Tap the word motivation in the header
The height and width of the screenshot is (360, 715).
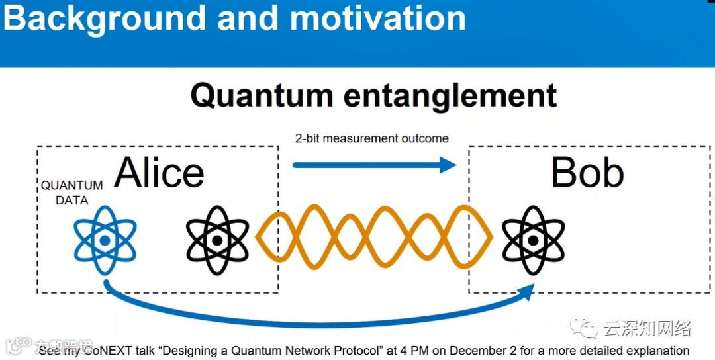(x=378, y=19)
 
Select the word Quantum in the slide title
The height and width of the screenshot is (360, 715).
(x=262, y=95)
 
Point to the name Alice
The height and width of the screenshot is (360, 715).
(x=159, y=173)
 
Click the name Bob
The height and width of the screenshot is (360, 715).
(x=587, y=173)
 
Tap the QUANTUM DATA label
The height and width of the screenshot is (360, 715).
(x=71, y=193)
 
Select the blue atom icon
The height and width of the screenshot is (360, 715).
(x=105, y=240)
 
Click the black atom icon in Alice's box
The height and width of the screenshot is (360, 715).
(x=217, y=240)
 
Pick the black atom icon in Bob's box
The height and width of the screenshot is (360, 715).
(x=533, y=239)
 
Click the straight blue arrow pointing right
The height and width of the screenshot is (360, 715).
(x=374, y=165)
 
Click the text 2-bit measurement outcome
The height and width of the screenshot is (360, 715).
(x=371, y=138)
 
